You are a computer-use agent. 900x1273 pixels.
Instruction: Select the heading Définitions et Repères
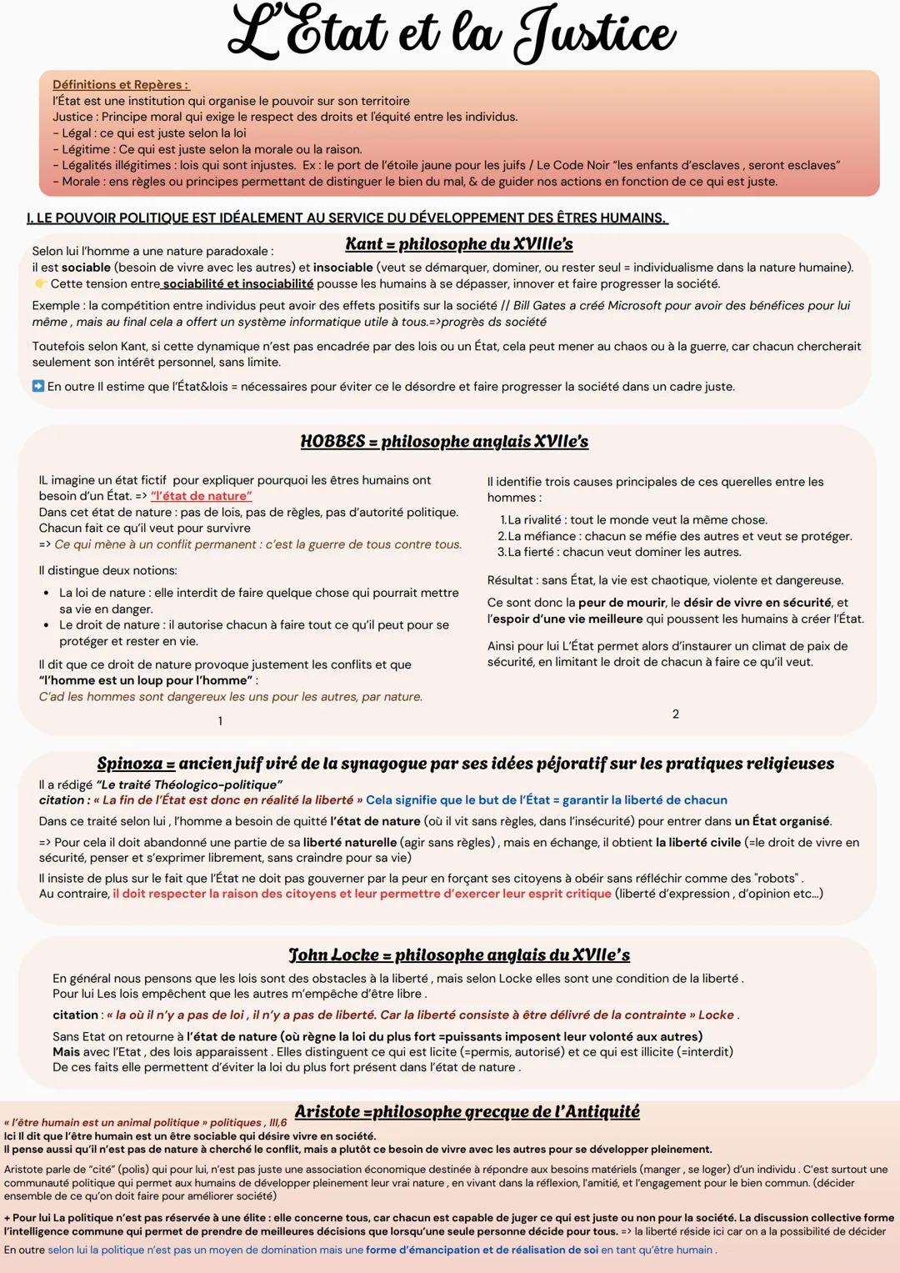121,84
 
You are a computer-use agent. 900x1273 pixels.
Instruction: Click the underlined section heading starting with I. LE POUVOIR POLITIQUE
347,218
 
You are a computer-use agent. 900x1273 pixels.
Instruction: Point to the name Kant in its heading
363,244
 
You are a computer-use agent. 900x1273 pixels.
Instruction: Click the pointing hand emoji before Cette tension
40,284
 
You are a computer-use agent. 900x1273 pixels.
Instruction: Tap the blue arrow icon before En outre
38,386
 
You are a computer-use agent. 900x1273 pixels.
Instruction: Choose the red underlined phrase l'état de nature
201,496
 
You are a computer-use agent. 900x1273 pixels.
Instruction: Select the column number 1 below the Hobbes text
220,721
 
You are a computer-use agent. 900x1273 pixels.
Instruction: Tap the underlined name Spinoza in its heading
130,764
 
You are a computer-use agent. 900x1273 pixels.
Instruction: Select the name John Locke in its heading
333,955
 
